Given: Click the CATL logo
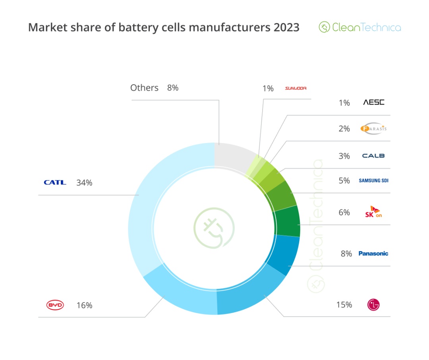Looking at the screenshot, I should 55,183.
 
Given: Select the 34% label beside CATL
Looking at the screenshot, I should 84,183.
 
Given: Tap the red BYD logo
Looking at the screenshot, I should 55,305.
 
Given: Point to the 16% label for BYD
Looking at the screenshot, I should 84,305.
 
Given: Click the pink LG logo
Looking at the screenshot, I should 373,305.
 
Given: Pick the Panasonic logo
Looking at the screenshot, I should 373,254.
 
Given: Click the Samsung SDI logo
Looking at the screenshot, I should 373,180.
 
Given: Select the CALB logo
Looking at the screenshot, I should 373,156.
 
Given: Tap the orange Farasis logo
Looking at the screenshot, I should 373,128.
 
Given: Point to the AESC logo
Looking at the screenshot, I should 374,103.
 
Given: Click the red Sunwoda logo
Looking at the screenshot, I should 296,88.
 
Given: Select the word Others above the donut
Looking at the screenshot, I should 144,88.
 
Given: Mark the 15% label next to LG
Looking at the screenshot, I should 344,305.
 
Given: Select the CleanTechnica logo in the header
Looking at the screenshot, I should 360,27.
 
